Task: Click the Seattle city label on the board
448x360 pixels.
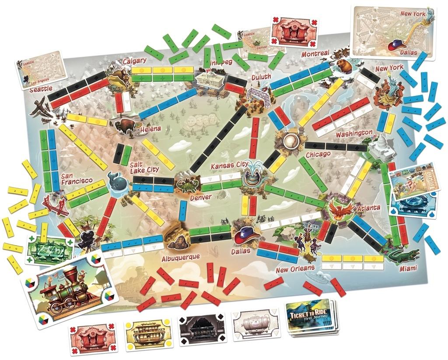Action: click(41, 90)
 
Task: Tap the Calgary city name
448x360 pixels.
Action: click(134, 61)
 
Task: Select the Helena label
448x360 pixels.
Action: click(150, 129)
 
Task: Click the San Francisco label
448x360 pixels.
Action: click(77, 178)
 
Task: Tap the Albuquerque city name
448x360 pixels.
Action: click(180, 256)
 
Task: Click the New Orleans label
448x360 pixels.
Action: click(295, 269)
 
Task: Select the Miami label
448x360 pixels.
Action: click(408, 268)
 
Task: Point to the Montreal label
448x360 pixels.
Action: click(315, 53)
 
